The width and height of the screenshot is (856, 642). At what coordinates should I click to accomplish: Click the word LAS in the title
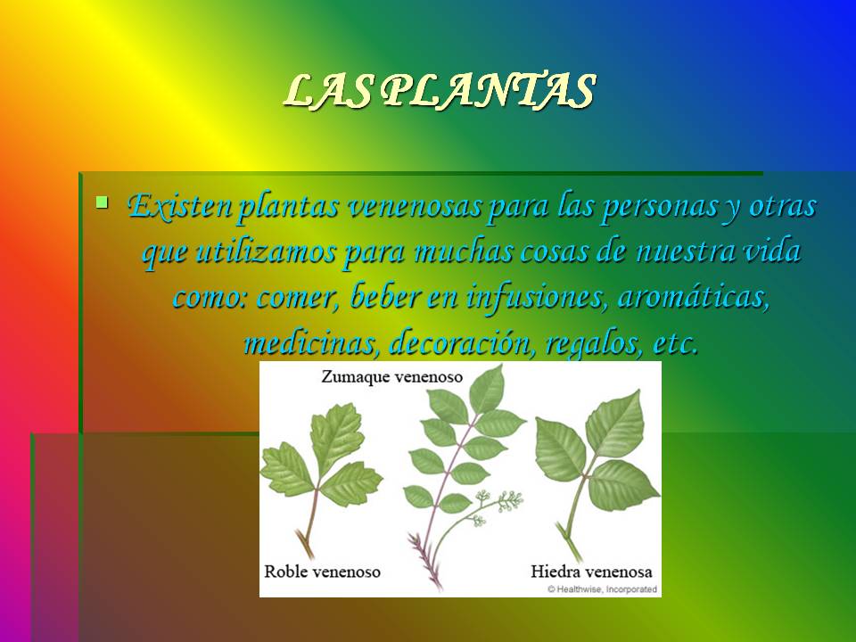(328, 91)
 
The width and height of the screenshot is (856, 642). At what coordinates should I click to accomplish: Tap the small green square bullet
(102, 202)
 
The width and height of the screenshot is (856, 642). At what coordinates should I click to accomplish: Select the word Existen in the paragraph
(178, 207)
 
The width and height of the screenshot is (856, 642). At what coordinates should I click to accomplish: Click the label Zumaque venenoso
(391, 377)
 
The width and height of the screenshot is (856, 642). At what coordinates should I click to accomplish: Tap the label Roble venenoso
(322, 572)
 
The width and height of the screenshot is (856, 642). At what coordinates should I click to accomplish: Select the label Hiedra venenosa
(591, 572)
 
